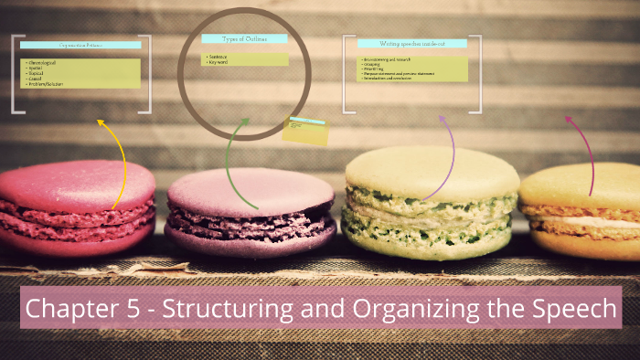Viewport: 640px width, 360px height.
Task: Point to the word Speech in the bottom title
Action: point(571,309)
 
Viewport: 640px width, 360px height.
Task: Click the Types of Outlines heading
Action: point(244,39)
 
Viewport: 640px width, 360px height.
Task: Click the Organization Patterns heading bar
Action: point(80,45)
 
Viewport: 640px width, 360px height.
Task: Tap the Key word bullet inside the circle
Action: point(219,62)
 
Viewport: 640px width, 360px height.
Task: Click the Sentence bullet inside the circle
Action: point(219,56)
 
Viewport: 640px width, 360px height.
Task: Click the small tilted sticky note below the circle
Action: point(304,132)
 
